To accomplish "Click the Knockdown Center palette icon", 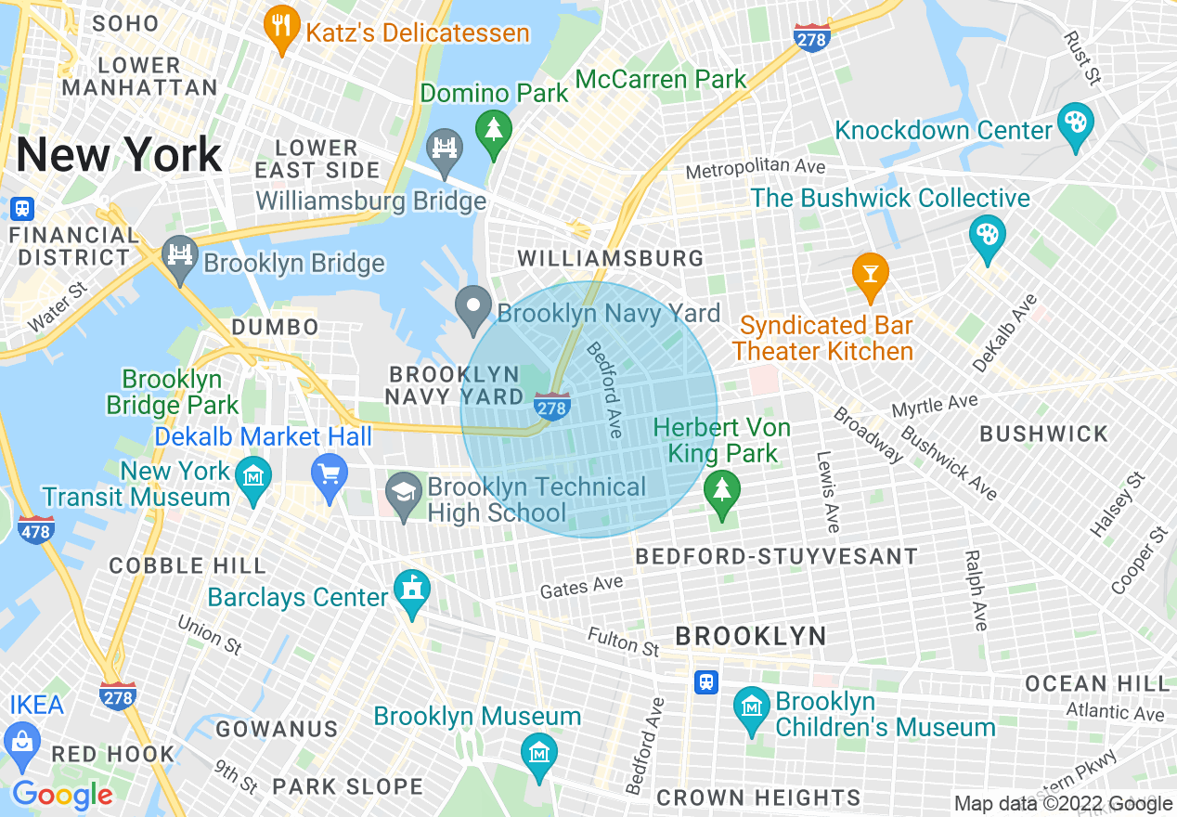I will coord(1075,127).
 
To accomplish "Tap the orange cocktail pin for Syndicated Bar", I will coord(870,275).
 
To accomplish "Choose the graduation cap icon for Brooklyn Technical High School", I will coord(404,492).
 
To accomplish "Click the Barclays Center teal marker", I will coord(411,591).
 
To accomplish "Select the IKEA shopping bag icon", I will coord(21,741).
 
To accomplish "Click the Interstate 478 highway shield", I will coord(35,531).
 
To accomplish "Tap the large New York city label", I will coord(119,155).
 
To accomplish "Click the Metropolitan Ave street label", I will coord(756,169).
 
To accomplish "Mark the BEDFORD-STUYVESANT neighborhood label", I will coord(776,557).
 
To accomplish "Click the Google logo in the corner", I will coord(62,795).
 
